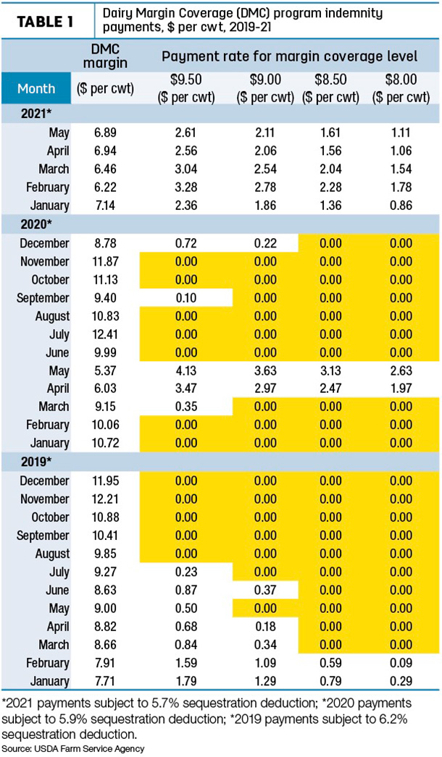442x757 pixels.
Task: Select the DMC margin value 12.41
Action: (106, 334)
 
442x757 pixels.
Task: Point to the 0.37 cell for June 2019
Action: (265, 590)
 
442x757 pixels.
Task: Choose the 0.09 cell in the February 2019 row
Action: (401, 664)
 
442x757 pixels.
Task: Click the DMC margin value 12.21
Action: (106, 499)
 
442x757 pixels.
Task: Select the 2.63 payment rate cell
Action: (401, 371)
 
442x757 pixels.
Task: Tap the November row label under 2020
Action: (45, 262)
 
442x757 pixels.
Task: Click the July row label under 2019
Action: (59, 572)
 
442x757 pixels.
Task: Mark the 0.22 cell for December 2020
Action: (265, 242)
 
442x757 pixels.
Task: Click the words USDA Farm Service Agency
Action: (90, 749)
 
